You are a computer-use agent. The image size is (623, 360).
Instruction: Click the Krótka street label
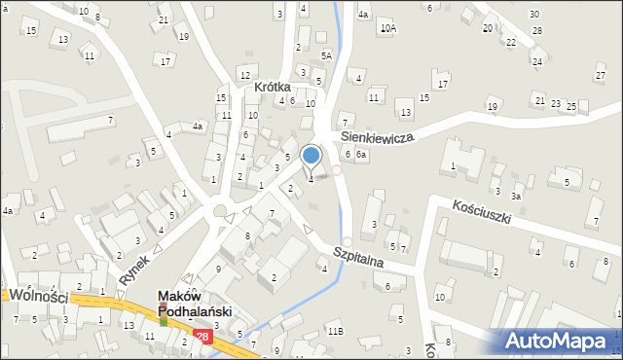(274, 87)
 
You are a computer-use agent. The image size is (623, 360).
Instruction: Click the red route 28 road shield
(202, 337)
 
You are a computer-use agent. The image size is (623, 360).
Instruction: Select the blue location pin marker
(311, 155)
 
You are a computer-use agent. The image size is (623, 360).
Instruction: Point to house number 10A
(388, 28)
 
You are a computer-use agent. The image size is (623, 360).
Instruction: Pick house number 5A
(326, 56)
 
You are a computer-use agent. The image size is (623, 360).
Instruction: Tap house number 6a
(361, 155)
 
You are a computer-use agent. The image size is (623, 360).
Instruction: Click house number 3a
(518, 196)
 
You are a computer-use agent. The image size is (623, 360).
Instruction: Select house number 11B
(335, 332)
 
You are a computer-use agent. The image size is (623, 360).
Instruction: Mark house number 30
(533, 14)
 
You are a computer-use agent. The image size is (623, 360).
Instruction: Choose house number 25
(571, 106)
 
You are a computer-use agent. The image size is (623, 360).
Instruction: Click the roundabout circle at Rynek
(221, 209)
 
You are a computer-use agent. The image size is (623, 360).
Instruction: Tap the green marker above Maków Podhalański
(164, 318)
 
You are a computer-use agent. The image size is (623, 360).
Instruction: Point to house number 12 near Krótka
(244, 76)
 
